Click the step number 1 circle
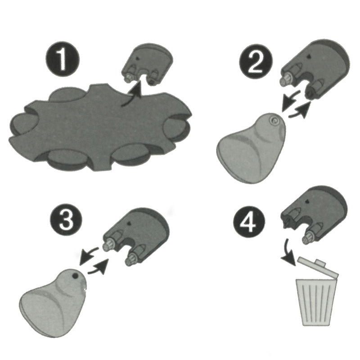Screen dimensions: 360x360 [x=63, y=59]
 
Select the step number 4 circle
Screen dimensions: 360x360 [x=249, y=222]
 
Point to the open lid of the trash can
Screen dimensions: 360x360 [x=318, y=266]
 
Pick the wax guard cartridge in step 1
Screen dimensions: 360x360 [x=148, y=64]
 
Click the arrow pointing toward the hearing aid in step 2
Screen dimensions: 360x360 [x=290, y=100]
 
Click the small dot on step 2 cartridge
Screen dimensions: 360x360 [x=309, y=57]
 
